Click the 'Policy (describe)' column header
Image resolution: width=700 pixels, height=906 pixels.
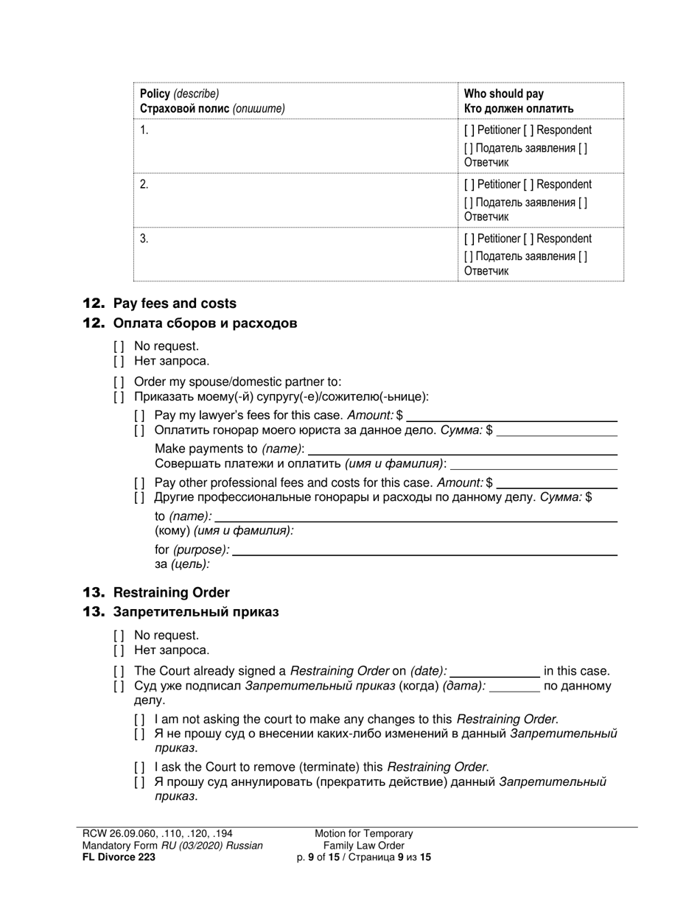point(179,94)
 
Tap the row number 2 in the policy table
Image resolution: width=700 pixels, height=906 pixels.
point(144,184)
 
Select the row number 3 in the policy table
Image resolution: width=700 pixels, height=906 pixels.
point(144,239)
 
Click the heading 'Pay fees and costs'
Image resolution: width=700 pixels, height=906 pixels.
point(175,303)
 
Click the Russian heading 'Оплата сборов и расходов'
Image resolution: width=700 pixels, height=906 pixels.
point(205,323)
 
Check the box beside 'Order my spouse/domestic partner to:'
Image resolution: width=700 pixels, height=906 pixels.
point(119,382)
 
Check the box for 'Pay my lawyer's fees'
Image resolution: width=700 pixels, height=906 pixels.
point(139,415)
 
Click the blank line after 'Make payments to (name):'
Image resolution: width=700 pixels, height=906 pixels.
point(462,449)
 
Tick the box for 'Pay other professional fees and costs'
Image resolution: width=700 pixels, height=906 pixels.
point(139,483)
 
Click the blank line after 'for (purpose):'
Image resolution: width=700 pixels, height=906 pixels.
point(425,550)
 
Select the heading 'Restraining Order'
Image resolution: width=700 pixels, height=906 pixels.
point(171,593)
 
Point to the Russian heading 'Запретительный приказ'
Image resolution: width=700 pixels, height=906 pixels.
point(195,612)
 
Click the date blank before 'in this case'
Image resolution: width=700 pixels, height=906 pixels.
point(494,672)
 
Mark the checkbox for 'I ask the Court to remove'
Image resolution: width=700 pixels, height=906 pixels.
point(139,767)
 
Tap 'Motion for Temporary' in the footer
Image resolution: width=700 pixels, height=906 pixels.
point(364,834)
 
